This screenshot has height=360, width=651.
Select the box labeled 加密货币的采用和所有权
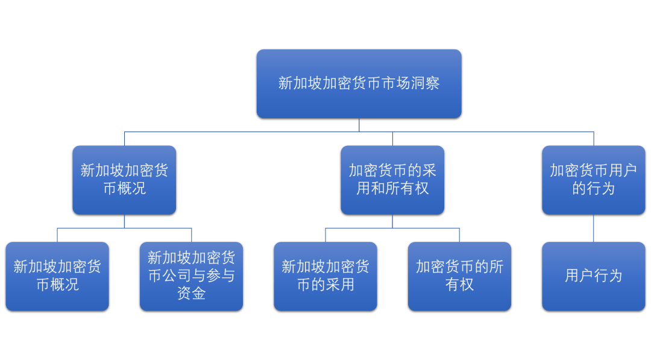392,180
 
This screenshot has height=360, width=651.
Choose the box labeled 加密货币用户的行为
594,180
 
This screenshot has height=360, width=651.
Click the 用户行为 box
594,276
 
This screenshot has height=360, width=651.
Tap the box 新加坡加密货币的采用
325,276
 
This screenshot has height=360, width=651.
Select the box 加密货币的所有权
459,276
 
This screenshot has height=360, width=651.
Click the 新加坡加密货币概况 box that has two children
124,180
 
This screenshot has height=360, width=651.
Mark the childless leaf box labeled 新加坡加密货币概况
57,276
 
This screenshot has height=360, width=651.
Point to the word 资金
191,294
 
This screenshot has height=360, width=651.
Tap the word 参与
220,276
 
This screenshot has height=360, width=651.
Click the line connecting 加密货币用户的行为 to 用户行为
594,228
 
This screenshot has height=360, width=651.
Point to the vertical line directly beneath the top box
359,125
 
